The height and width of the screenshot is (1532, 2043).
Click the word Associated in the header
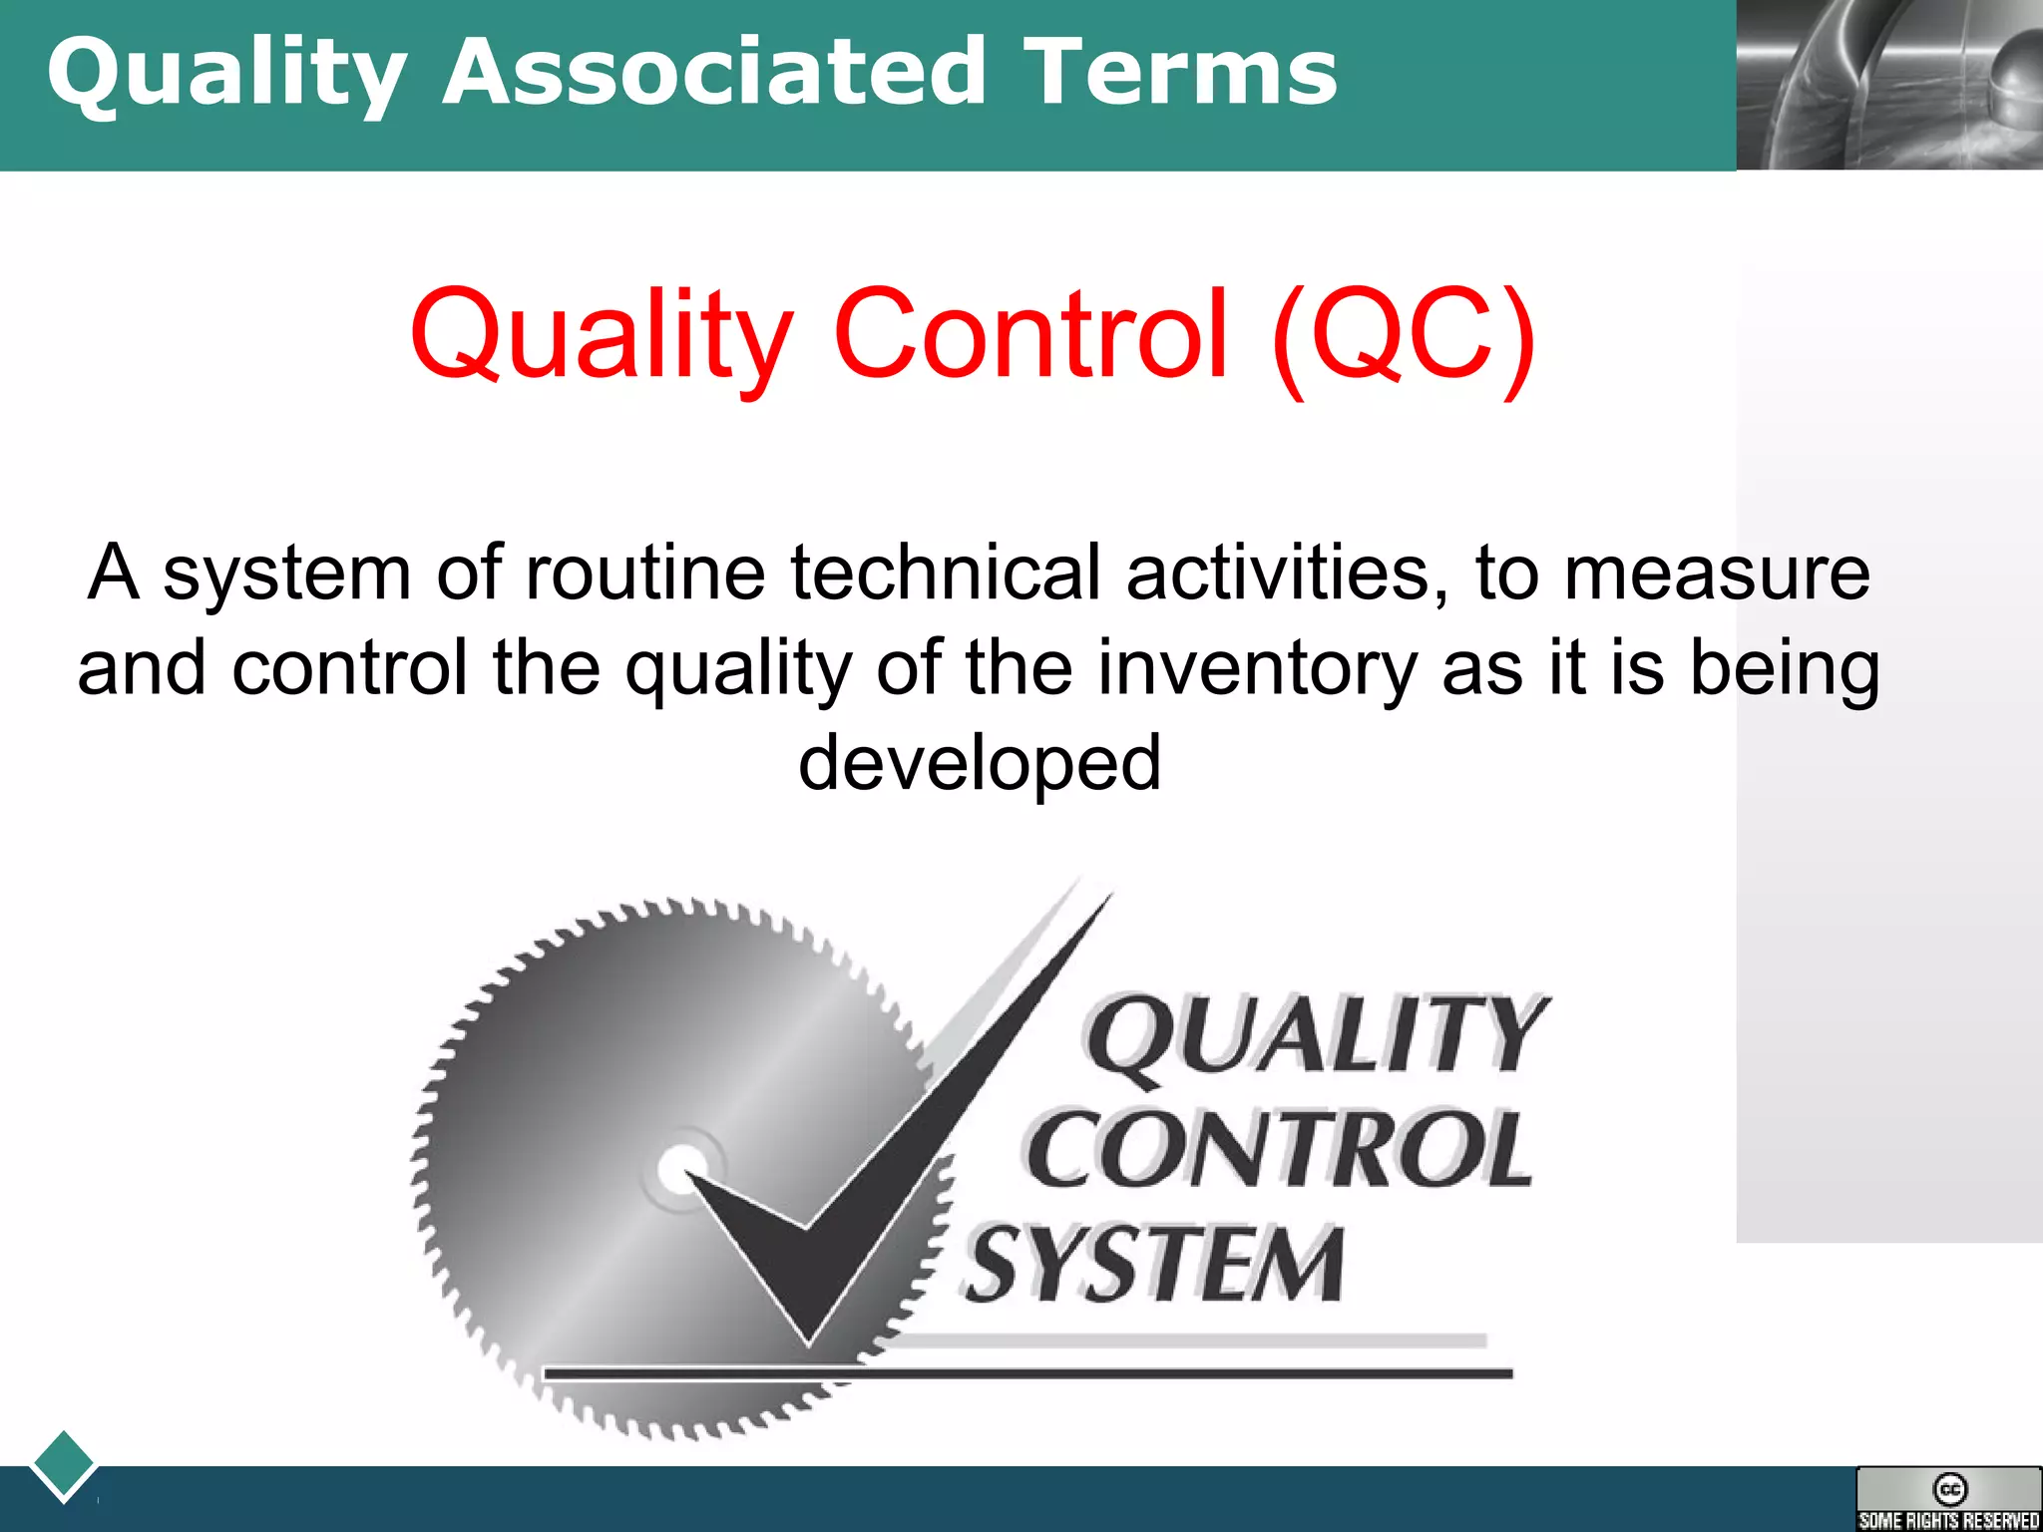(x=714, y=72)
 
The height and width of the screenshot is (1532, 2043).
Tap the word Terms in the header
(x=1179, y=72)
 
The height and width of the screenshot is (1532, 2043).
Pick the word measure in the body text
(x=1716, y=573)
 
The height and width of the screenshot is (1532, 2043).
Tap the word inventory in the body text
(x=1257, y=667)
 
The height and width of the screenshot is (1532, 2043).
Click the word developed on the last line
(x=980, y=762)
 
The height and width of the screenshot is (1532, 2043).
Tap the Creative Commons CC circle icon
(x=1949, y=1489)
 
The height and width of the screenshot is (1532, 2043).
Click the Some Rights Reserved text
(x=1949, y=1521)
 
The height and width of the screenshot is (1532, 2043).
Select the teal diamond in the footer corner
(x=64, y=1463)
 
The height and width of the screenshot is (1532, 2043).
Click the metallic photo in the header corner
(x=1889, y=85)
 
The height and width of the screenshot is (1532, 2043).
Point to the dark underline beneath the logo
(x=1027, y=1374)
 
